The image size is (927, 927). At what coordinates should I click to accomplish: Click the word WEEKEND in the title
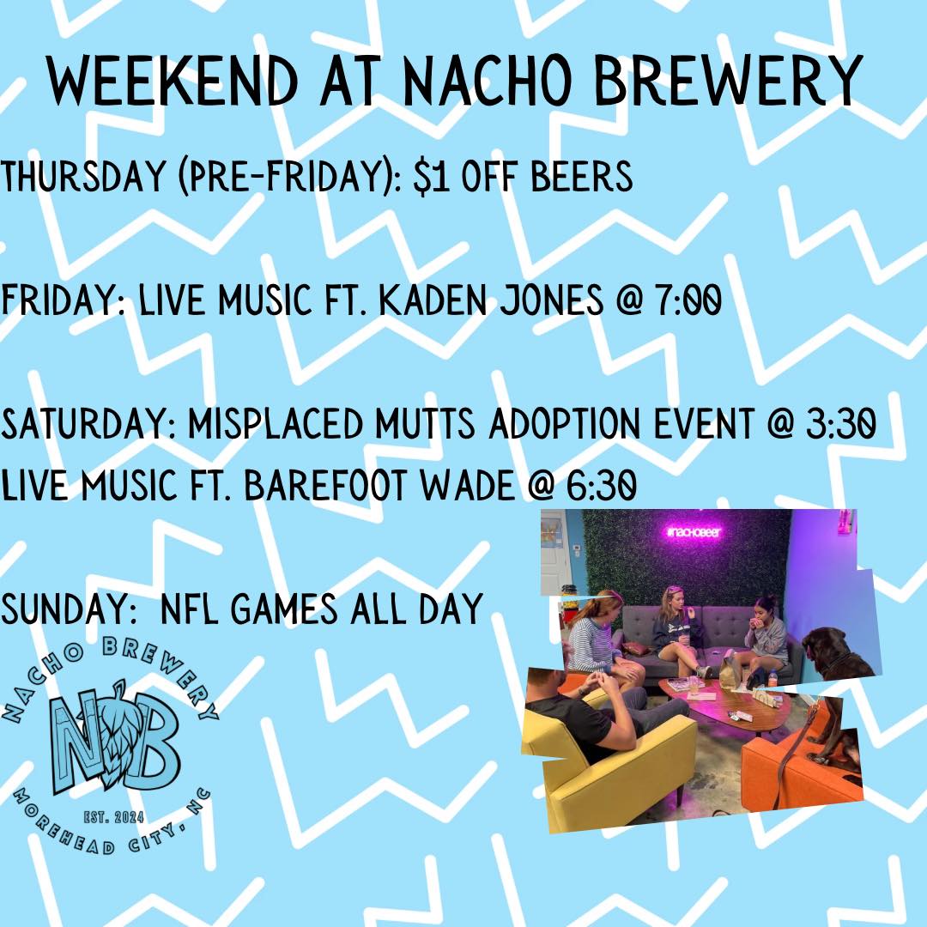tap(173, 82)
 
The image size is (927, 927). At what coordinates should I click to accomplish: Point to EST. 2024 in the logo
tap(113, 818)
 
